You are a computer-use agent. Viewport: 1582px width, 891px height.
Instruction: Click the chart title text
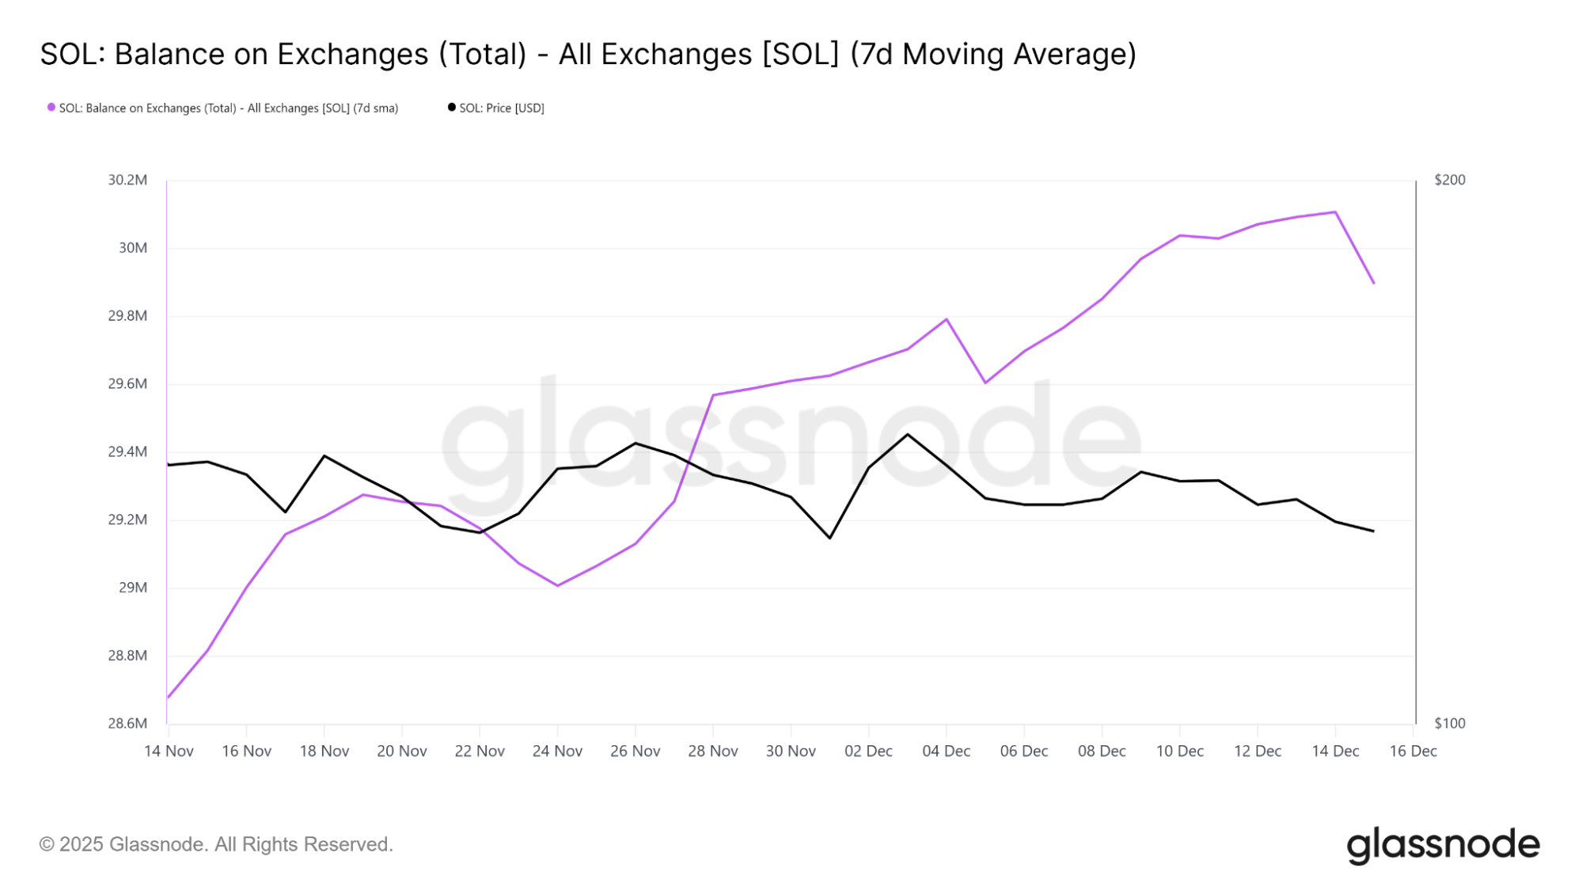point(588,54)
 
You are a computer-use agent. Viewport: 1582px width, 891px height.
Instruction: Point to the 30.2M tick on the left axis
point(127,180)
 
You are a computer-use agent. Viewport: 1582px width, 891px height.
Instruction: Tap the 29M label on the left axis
point(133,588)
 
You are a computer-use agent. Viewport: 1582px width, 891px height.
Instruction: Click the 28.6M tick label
point(127,723)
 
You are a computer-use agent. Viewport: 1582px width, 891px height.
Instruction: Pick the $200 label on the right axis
point(1450,180)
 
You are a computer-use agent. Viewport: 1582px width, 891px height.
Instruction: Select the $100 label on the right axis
point(1450,723)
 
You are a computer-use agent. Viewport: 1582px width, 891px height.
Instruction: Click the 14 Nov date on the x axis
point(169,751)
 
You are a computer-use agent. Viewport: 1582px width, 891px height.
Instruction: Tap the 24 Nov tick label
point(557,751)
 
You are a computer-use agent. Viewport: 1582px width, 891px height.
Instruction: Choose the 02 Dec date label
point(868,751)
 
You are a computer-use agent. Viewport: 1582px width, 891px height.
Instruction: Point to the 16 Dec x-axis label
point(1413,751)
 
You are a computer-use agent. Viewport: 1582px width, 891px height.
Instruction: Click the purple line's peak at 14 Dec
point(1335,212)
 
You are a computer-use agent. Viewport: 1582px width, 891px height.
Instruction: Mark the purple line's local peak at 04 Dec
point(947,319)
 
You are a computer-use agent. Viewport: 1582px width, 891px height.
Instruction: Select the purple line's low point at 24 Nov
point(558,585)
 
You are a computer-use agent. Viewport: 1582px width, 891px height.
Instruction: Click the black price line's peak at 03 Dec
point(908,434)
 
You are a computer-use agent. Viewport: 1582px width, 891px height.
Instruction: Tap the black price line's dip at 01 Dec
point(829,538)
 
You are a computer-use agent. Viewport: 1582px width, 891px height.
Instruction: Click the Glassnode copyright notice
point(216,844)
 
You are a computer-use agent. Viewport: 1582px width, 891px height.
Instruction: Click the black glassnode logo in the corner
point(1443,845)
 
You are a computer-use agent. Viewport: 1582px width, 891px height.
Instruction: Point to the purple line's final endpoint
point(1374,283)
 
